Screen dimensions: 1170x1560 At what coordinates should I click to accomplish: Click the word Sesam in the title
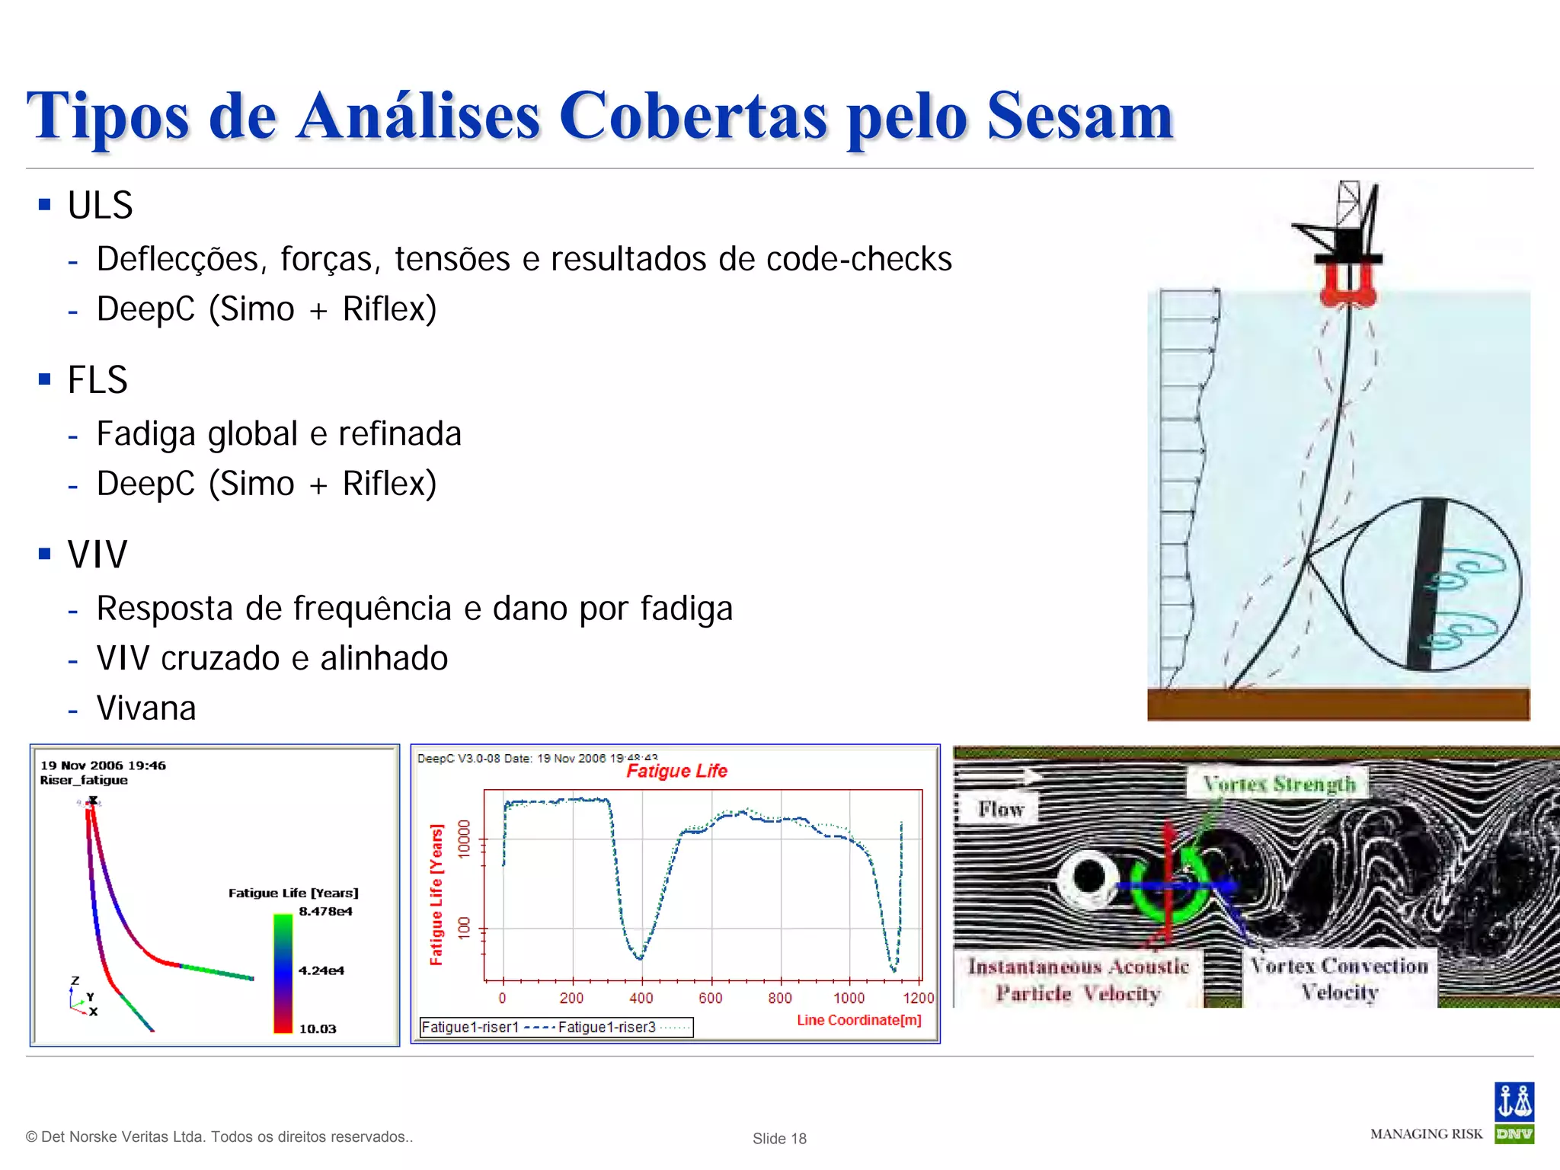[x=1080, y=117]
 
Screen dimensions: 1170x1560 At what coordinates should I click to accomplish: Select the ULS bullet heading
[x=100, y=206]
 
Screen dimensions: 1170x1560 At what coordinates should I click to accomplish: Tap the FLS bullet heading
[x=97, y=380]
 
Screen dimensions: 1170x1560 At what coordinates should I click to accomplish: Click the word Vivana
[x=146, y=708]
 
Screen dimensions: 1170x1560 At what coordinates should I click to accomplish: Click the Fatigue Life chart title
[x=676, y=772]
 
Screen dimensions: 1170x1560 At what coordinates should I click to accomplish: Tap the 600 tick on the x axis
[x=710, y=998]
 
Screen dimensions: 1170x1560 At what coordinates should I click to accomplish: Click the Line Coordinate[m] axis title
[x=859, y=1020]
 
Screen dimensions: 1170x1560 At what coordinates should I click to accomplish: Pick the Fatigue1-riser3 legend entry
[x=607, y=1028]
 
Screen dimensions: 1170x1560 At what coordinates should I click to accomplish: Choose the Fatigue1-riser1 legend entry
[x=470, y=1028]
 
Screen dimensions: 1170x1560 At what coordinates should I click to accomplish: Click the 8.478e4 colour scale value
[x=325, y=912]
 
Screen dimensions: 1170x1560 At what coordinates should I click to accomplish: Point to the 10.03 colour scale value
[x=318, y=1029]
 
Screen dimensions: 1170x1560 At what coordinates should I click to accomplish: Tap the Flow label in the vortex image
[x=1001, y=810]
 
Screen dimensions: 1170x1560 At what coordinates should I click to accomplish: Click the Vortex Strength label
[x=1279, y=785]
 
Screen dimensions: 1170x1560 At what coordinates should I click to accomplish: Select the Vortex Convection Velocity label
[x=1339, y=979]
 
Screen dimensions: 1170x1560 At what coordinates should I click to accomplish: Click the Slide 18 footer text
[x=779, y=1139]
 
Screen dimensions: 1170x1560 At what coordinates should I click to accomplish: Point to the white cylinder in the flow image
[x=1089, y=877]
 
